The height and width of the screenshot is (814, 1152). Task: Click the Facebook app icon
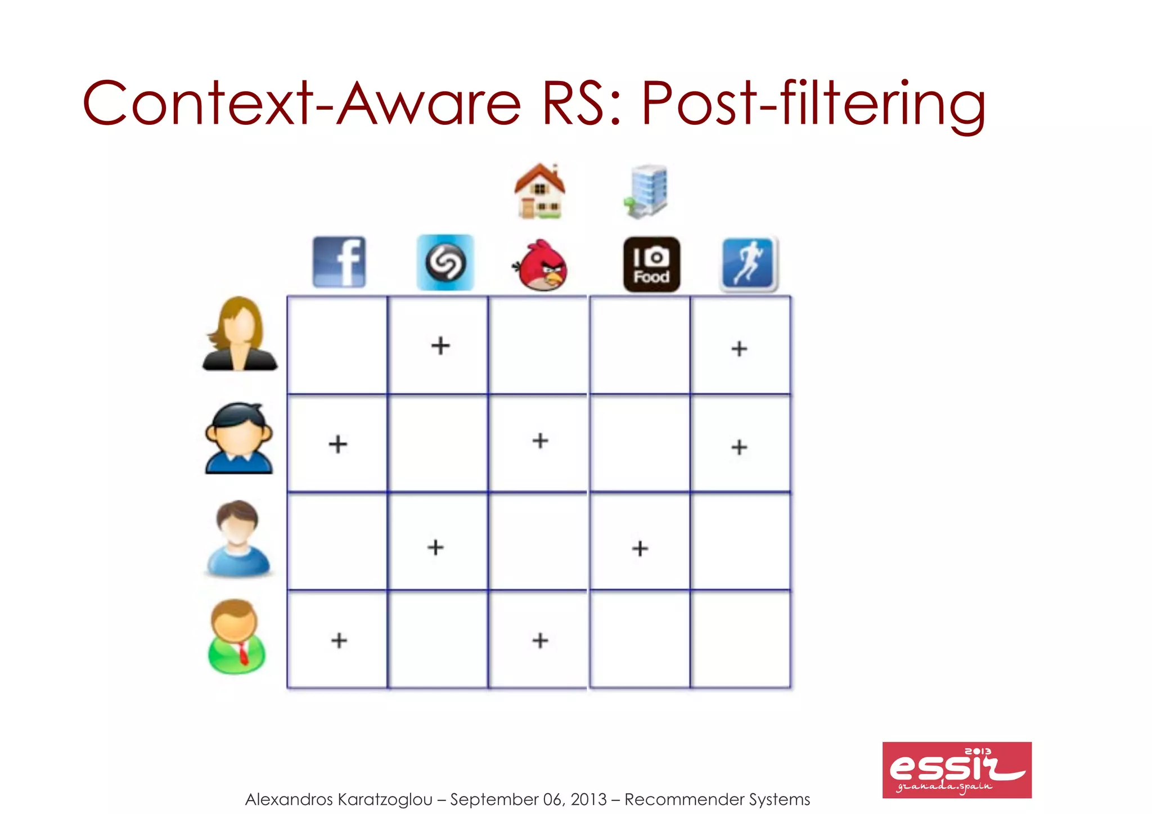pos(339,262)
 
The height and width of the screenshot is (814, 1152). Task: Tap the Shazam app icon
pos(445,263)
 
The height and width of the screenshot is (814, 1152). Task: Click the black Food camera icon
pos(651,264)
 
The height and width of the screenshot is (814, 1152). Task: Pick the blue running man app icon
pos(749,263)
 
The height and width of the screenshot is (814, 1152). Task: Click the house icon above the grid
pos(540,191)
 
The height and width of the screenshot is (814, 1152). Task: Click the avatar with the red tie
pos(237,637)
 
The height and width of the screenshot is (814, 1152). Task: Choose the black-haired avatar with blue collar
pos(239,438)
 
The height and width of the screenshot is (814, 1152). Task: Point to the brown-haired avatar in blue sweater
pos(238,538)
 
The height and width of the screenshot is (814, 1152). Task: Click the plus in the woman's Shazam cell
pos(440,345)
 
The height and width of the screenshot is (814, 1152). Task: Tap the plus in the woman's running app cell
pos(739,349)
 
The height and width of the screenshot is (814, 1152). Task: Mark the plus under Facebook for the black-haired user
pos(337,444)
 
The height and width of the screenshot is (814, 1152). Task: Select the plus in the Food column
pos(640,548)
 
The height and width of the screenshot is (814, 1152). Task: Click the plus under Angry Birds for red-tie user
pos(540,640)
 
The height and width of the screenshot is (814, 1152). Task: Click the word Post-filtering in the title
pos(813,104)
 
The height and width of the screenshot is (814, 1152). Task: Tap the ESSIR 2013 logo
pos(957,770)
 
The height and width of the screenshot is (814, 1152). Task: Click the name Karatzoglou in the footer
pos(385,799)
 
